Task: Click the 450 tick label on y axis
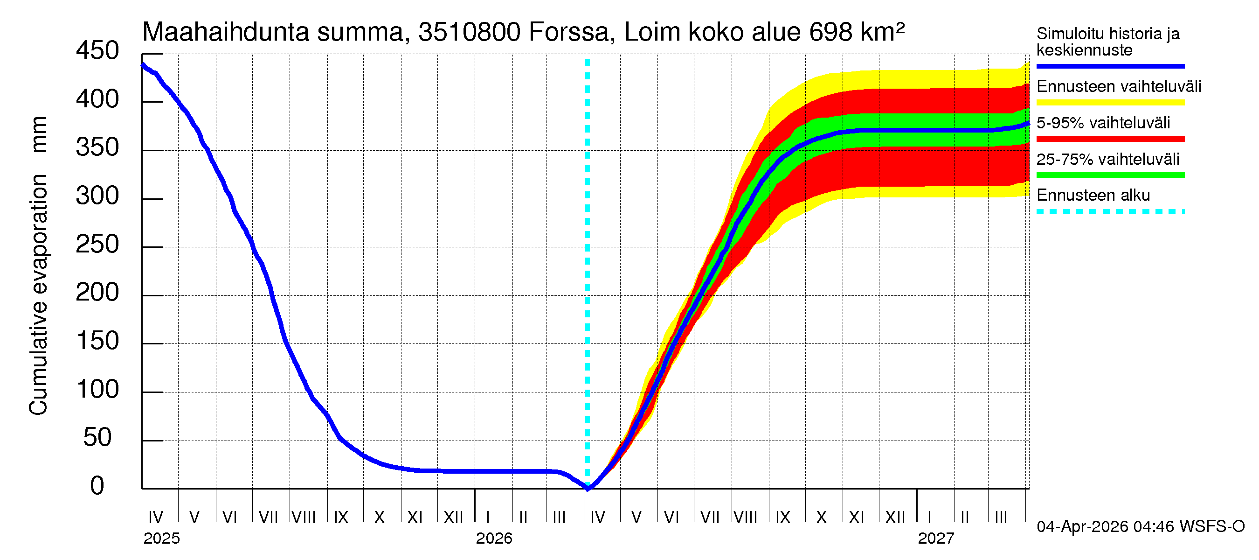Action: coord(97,51)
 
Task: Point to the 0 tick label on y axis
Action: coord(97,486)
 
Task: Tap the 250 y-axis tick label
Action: coord(97,244)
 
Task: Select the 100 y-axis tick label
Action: coord(97,389)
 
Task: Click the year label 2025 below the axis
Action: coord(161,539)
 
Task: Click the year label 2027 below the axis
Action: coord(935,539)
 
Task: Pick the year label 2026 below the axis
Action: coord(494,539)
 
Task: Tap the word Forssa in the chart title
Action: coord(569,32)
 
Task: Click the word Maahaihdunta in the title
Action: coord(225,32)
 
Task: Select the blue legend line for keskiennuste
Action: coord(1110,66)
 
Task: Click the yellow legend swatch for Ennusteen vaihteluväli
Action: coord(1110,103)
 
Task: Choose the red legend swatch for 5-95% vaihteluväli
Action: coord(1110,139)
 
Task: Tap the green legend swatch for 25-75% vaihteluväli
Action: coord(1110,175)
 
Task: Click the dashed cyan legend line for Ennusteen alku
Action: coord(1110,212)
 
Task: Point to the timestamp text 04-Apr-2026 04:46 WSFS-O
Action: coord(1140,527)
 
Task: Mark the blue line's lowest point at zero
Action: coord(588,488)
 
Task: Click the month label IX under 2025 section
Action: coord(341,517)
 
